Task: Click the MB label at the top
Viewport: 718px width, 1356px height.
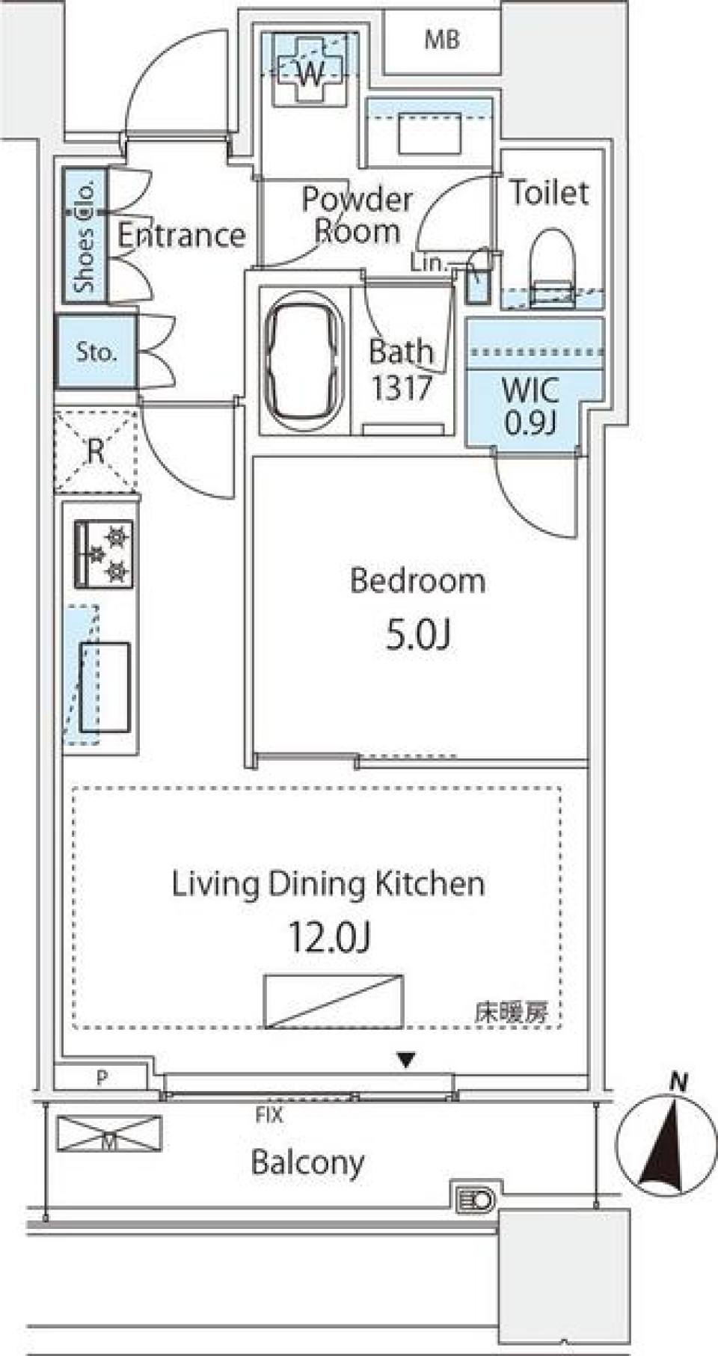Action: [441, 40]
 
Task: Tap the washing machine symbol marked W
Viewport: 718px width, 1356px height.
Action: [310, 73]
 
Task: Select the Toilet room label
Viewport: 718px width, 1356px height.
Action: [549, 193]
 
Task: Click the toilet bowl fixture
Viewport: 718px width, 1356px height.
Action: [553, 263]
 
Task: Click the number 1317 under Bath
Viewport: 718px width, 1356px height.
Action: [402, 388]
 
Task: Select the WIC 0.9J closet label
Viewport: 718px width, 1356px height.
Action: [530, 406]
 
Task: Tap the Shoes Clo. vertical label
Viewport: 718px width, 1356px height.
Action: [85, 236]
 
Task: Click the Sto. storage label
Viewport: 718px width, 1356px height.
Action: [96, 352]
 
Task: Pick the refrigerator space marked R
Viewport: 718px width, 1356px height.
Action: [96, 451]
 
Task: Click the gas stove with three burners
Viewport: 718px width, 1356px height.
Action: [104, 554]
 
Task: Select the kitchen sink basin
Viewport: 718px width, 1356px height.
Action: [105, 687]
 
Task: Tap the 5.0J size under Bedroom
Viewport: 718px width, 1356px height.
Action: [418, 635]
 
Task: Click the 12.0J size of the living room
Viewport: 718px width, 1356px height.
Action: [330, 936]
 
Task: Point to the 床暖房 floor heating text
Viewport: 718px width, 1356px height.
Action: [511, 1012]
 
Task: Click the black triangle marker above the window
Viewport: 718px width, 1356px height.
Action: [406, 1059]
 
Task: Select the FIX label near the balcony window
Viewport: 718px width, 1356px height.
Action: [269, 1115]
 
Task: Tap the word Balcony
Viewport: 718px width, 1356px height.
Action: [307, 1162]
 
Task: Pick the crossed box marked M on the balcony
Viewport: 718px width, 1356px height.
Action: [109, 1133]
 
